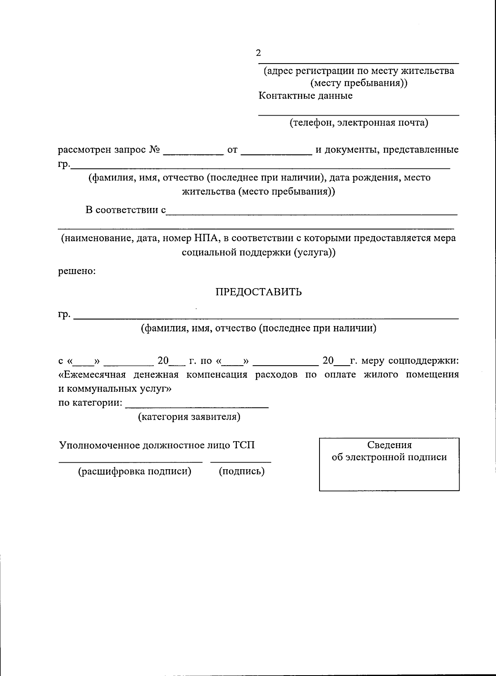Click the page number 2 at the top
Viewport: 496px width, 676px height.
[258, 53]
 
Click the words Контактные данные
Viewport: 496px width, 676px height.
[305, 96]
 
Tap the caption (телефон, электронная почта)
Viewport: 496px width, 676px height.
[358, 123]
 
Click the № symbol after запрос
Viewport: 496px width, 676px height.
[154, 149]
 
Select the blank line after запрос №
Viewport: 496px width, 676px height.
[193, 154]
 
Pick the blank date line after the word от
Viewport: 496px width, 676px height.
[276, 154]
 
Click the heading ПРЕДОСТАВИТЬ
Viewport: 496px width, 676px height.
[258, 292]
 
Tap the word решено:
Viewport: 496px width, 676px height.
[77, 272]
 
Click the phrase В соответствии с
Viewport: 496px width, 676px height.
[126, 210]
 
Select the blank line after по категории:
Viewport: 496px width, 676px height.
[197, 407]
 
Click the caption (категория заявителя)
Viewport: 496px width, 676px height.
[189, 417]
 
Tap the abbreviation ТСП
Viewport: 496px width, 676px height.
[244, 445]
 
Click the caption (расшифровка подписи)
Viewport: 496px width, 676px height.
[135, 471]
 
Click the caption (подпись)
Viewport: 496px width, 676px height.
[241, 471]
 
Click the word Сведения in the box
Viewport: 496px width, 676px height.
[389, 445]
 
